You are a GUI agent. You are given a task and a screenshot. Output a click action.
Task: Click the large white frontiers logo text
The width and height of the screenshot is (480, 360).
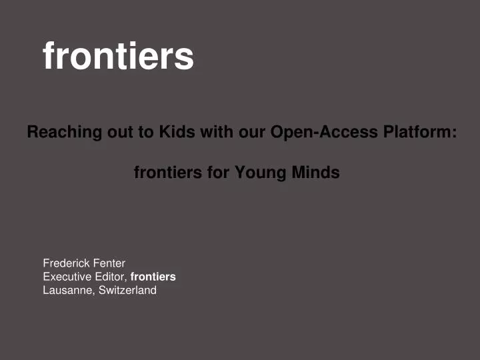pyautogui.click(x=118, y=56)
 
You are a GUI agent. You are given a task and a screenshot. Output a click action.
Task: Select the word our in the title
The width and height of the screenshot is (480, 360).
pyautogui.click(x=251, y=132)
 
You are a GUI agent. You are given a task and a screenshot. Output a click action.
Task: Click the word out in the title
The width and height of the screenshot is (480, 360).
pyautogui.click(x=117, y=132)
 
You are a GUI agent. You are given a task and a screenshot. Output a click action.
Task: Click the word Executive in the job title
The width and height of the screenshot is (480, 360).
pyautogui.click(x=66, y=277)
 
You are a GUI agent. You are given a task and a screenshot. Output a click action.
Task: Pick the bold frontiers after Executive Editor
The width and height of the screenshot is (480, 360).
pyautogui.click(x=153, y=277)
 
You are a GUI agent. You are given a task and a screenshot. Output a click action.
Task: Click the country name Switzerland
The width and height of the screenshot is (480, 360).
pyautogui.click(x=127, y=290)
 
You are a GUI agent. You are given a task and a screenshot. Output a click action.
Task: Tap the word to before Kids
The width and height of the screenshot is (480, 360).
pyautogui.click(x=145, y=132)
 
